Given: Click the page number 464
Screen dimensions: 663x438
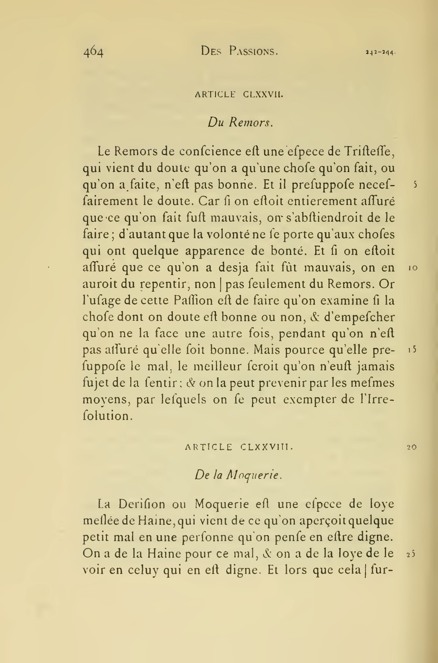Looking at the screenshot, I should tap(93, 52).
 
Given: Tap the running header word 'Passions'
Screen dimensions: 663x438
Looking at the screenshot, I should tap(253, 51).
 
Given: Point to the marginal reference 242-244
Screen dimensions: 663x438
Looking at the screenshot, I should tap(380, 53).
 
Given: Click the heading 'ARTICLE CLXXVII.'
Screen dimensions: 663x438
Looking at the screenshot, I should tap(239, 95).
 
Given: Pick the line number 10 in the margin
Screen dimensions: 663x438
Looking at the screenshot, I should tap(413, 269).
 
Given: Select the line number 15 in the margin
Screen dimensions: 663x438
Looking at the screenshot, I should tap(413, 350).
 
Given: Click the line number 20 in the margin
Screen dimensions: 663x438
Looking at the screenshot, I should tap(412, 447).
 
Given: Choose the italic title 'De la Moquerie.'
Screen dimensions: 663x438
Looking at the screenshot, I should tap(239, 475).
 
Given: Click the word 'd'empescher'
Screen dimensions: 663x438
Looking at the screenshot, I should tap(359, 317).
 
